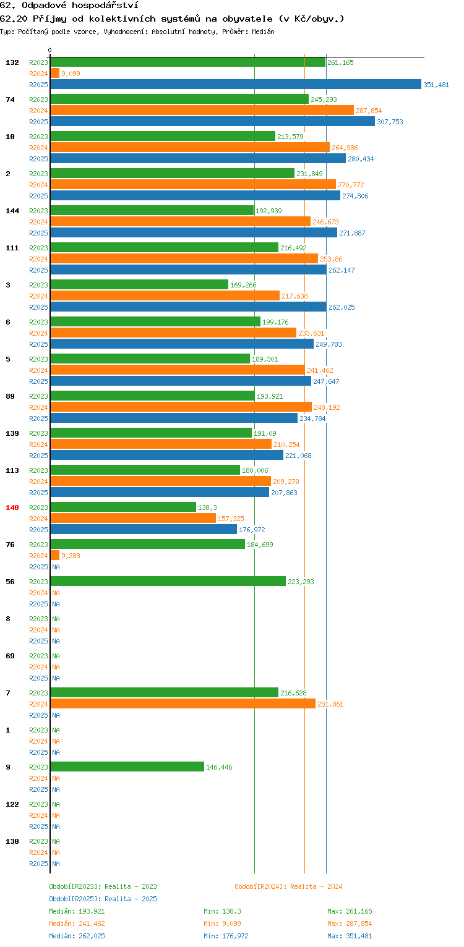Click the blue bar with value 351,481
tap(236, 85)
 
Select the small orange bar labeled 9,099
tap(55, 73)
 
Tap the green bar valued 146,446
tap(127, 767)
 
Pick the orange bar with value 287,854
tap(202, 111)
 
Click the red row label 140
tap(12, 507)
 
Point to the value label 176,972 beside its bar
tap(252, 530)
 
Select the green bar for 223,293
tap(168, 581)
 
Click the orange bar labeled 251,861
tap(183, 703)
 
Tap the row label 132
tap(12, 62)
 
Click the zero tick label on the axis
tap(50, 50)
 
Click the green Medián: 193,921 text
tap(77, 911)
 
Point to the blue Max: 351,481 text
tap(350, 936)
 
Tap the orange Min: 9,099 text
tap(223, 924)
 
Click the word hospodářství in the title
tap(105, 6)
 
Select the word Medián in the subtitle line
tap(263, 32)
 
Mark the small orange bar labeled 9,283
tap(55, 555)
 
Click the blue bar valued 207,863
tap(160, 492)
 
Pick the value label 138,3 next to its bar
tap(207, 507)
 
